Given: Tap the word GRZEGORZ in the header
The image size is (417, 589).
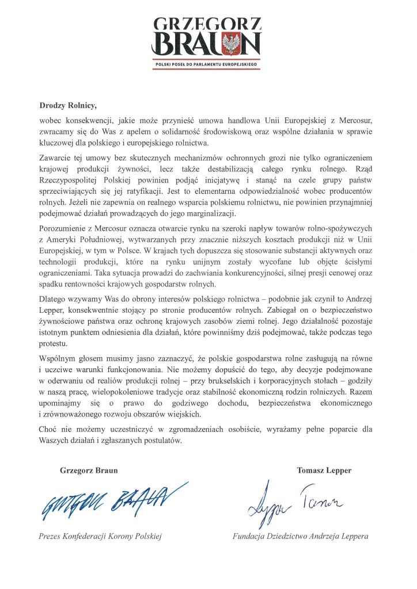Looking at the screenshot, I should point(208,23).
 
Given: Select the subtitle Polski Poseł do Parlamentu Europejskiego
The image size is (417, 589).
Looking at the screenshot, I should point(208,66).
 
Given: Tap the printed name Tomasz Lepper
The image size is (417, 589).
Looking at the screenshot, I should point(324,470).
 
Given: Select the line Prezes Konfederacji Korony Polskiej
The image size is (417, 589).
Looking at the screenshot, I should point(99,536).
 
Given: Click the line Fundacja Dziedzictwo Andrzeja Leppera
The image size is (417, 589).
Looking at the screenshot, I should point(300,536).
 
